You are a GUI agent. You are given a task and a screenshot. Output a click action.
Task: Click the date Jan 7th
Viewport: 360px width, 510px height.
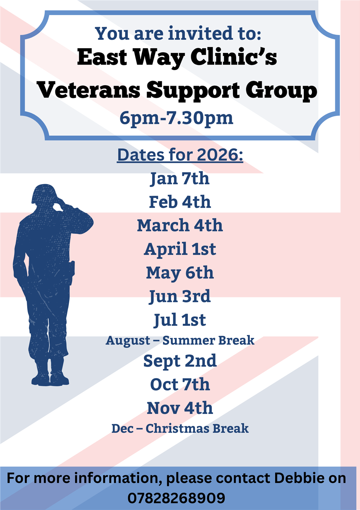(180, 178)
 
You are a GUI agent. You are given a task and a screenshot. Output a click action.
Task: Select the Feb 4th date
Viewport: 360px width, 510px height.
(180, 202)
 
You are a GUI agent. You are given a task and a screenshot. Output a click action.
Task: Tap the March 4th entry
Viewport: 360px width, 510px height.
(180, 226)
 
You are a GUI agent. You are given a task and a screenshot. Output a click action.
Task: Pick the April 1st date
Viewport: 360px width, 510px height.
(180, 249)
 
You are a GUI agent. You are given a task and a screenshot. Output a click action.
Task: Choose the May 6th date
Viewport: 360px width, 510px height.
(180, 273)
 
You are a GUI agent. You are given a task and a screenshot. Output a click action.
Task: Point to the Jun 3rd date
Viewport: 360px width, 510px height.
(180, 296)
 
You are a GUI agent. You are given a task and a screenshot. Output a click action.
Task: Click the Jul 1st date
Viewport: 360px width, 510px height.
(180, 320)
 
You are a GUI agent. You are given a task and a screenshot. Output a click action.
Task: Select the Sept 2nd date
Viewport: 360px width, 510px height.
(180, 361)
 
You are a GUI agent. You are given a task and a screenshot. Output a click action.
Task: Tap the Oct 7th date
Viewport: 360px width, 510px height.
(180, 384)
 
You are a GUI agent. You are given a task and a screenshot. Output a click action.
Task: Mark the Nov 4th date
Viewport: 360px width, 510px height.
(180, 408)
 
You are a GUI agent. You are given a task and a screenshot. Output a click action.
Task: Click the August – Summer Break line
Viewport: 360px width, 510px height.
(180, 341)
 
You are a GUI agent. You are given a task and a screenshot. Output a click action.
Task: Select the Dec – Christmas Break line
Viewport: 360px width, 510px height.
(180, 429)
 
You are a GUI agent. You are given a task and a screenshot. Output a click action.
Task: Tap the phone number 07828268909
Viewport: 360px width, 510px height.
(176, 498)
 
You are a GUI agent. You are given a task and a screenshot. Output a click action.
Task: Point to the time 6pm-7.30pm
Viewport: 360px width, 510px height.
(176, 119)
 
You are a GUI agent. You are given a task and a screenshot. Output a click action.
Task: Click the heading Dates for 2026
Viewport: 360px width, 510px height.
(180, 155)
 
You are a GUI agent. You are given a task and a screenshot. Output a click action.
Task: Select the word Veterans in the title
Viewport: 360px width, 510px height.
(88, 91)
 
